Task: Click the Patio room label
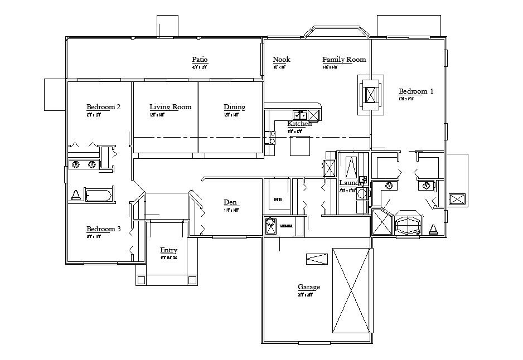click(x=200, y=60)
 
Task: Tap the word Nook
click(x=282, y=60)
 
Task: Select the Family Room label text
click(x=344, y=60)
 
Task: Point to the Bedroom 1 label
click(x=416, y=91)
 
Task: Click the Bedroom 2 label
click(x=104, y=106)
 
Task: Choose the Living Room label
click(x=170, y=107)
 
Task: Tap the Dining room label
click(x=234, y=107)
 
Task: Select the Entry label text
click(x=168, y=250)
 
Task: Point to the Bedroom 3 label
click(x=104, y=229)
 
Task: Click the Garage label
click(x=308, y=287)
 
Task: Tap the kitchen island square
click(x=300, y=146)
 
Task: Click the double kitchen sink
click(x=300, y=115)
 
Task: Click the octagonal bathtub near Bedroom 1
click(x=409, y=224)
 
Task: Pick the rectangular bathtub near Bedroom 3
click(x=98, y=196)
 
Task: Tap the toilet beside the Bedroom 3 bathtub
click(x=75, y=195)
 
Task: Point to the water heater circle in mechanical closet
click(x=270, y=226)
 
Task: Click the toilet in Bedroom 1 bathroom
click(x=433, y=228)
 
